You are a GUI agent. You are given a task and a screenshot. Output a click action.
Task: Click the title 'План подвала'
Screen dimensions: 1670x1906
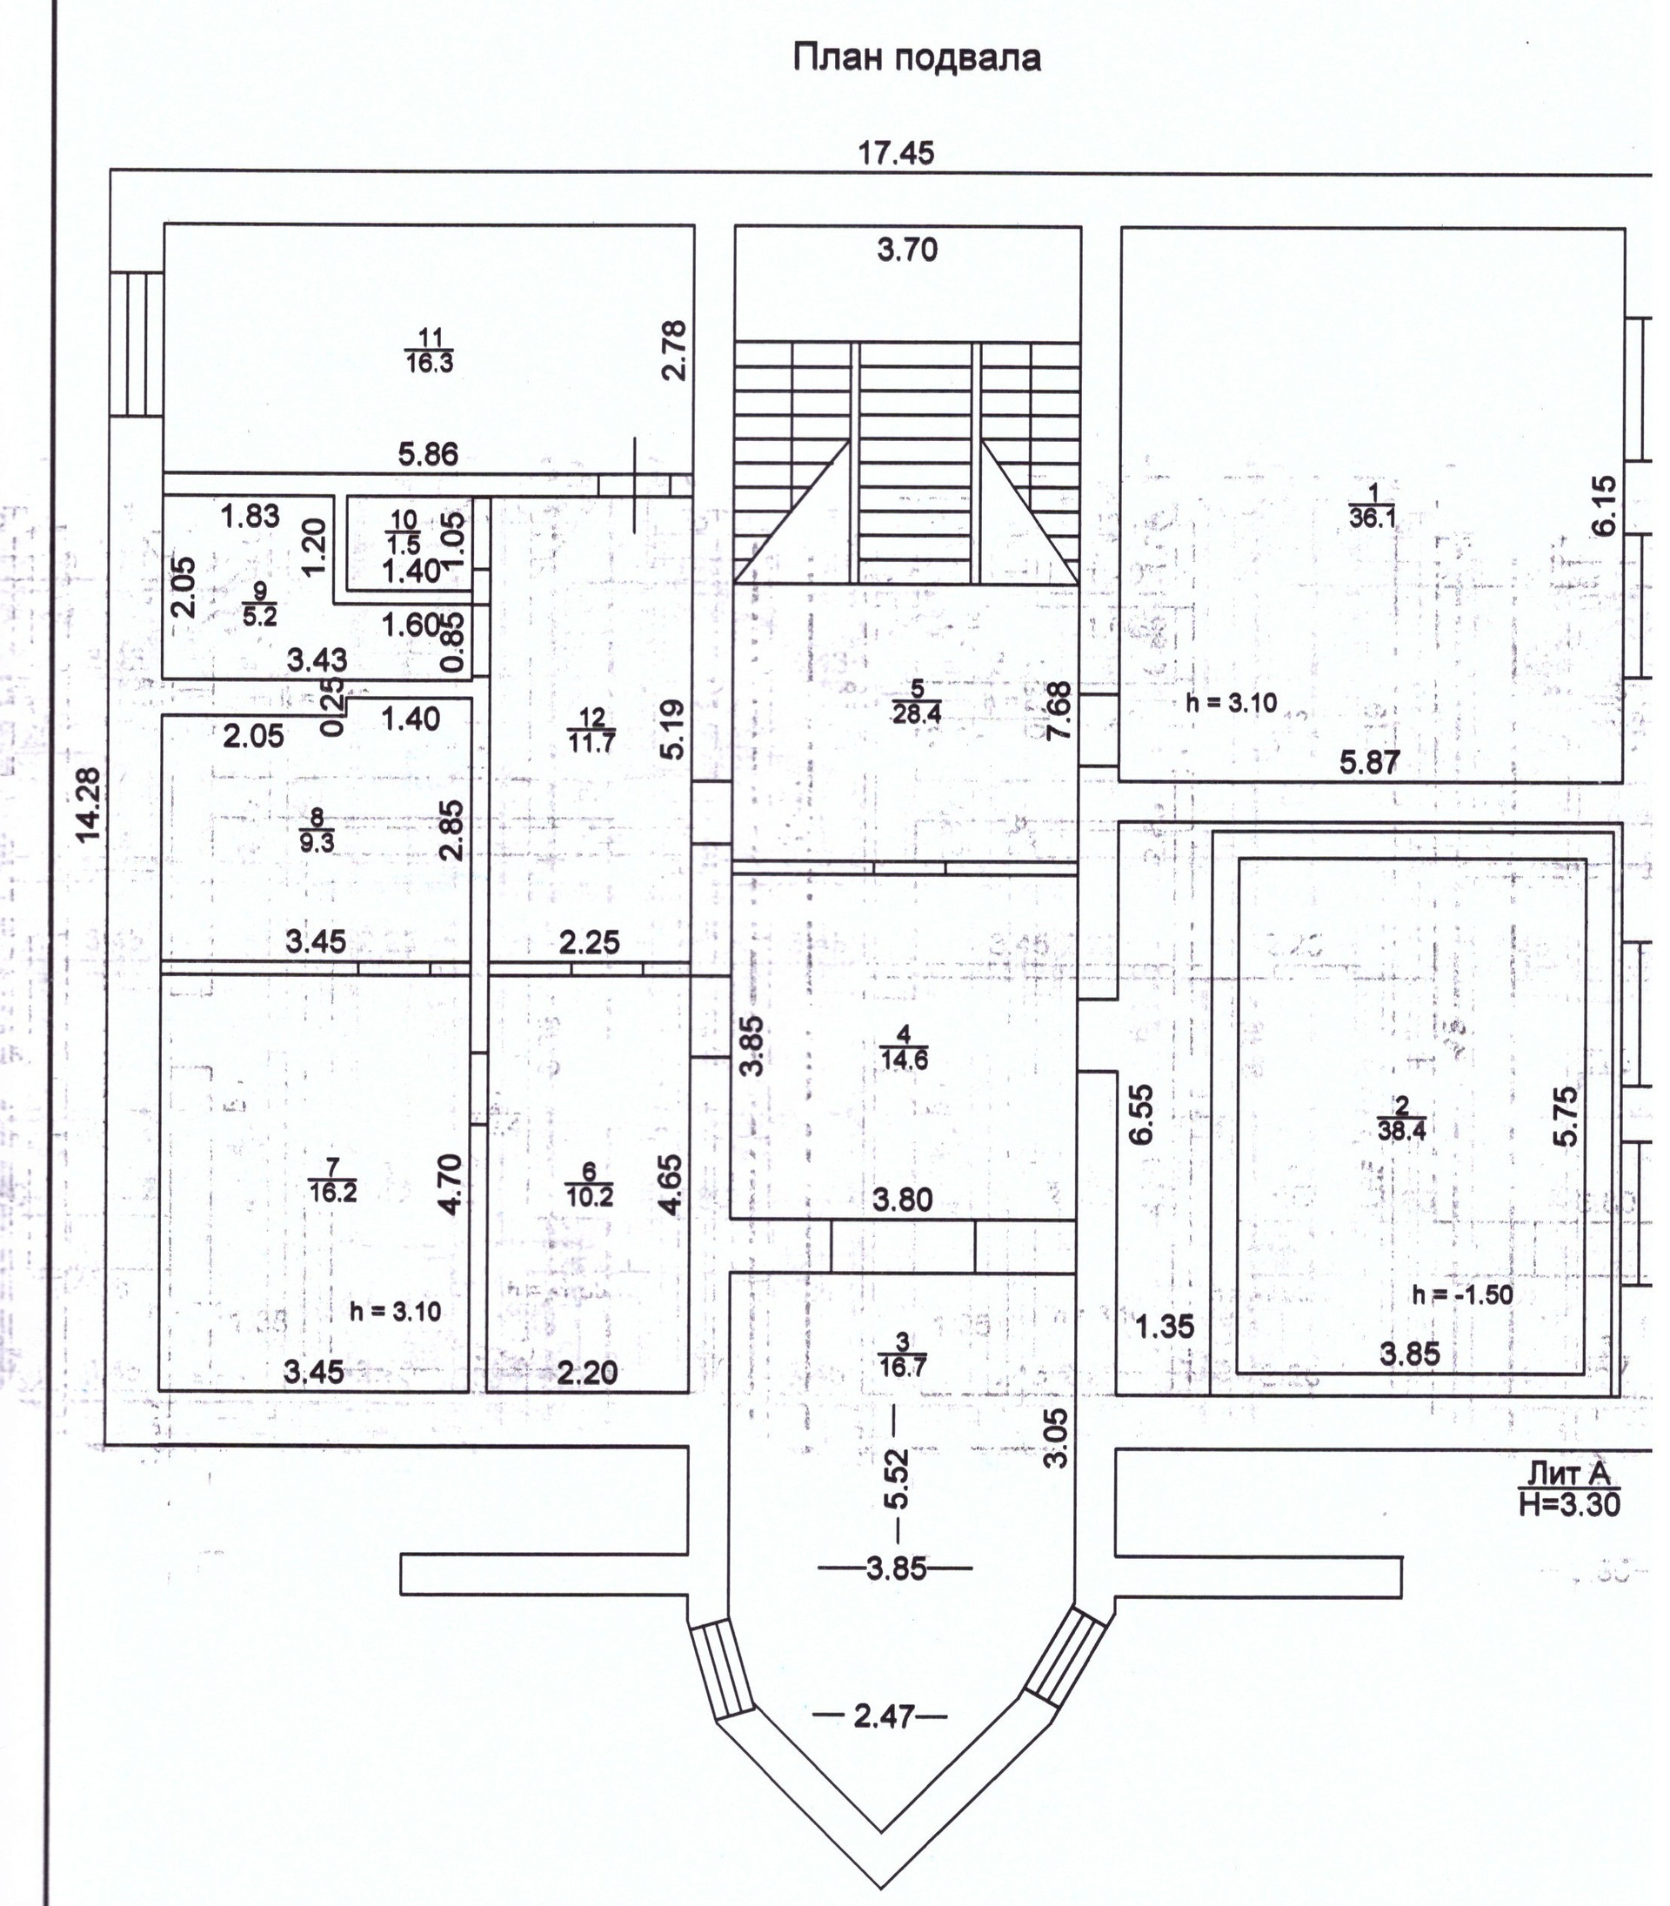coord(917,58)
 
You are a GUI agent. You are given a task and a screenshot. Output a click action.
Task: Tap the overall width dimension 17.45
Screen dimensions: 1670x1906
coord(896,153)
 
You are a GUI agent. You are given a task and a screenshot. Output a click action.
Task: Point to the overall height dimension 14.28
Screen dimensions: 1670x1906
coord(89,805)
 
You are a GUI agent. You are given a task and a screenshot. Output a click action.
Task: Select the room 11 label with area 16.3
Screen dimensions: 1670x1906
coord(430,351)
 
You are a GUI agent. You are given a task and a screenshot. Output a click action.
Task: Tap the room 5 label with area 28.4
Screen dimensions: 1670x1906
coord(918,702)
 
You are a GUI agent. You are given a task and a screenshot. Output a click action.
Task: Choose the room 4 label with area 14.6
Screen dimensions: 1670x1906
coord(904,1047)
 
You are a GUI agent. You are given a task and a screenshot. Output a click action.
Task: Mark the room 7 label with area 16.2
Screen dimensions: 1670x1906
coord(332,1180)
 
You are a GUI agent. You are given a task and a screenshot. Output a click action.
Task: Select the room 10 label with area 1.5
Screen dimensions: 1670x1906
coord(404,532)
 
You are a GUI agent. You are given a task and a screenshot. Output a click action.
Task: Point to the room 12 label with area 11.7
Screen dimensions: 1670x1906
coord(591,730)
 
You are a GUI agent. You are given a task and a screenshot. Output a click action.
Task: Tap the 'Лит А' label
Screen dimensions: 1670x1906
coord(1569,1474)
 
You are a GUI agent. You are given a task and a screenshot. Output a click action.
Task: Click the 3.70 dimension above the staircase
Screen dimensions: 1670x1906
coord(906,250)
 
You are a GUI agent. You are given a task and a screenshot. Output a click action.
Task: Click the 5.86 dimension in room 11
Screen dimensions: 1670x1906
coord(429,455)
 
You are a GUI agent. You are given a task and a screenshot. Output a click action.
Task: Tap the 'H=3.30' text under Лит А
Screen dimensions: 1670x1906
coord(1570,1503)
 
